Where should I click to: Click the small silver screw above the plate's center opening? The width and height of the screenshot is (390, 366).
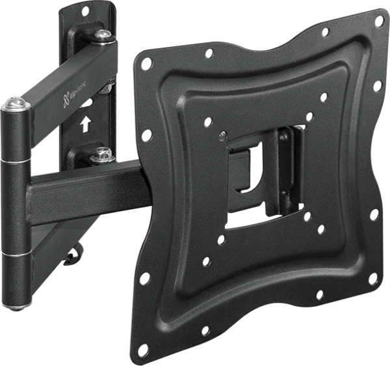point(223,135)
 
